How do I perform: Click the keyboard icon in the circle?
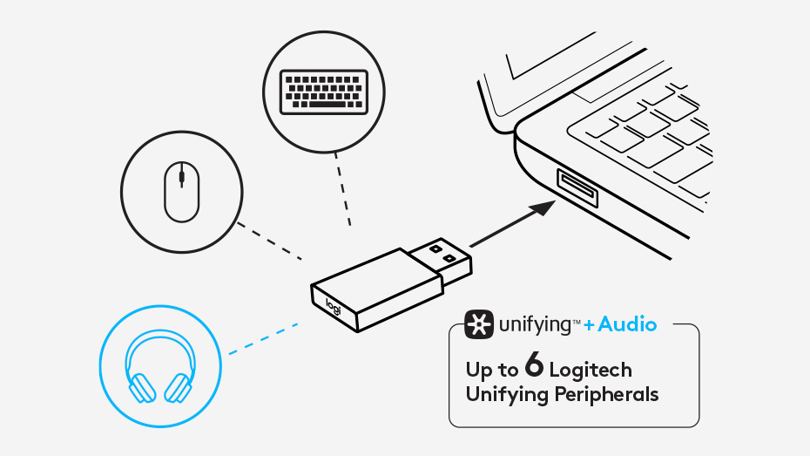[x=324, y=92]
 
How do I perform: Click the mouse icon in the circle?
[x=181, y=191]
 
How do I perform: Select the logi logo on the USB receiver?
[x=334, y=307]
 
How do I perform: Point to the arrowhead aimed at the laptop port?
[x=543, y=208]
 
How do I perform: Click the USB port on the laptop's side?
[x=577, y=188]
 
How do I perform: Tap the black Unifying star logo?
[x=479, y=324]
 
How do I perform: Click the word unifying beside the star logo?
[x=534, y=326]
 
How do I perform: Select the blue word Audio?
[x=627, y=324]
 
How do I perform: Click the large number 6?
[x=534, y=364]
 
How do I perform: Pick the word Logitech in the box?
[x=591, y=370]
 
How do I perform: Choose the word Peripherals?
[x=606, y=394]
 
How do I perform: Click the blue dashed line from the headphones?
[x=263, y=338]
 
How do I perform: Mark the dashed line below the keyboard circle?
[x=343, y=188]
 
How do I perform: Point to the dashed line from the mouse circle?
[x=269, y=241]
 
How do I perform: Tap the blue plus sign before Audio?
[x=589, y=325]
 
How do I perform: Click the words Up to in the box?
[x=492, y=370]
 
